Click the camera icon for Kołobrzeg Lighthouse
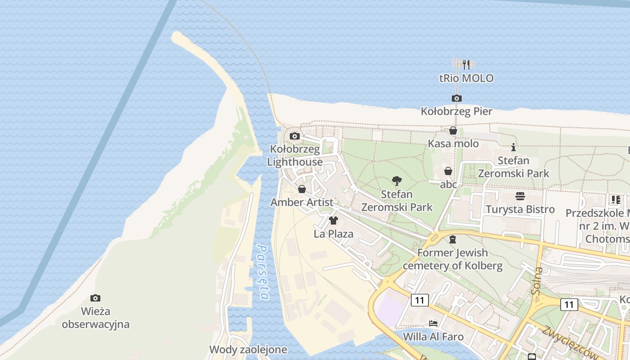tap(295, 136)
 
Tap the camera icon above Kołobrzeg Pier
tap(456, 98)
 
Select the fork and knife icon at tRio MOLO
tap(466, 65)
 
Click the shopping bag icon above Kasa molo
tap(453, 130)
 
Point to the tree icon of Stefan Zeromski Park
tap(396, 181)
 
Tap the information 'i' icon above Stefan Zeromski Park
tap(513, 147)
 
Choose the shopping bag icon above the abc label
tap(448, 171)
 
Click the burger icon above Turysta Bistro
tap(520, 196)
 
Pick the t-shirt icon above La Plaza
tap(333, 220)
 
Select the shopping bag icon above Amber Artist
tap(302, 189)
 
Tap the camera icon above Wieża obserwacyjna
tap(95, 298)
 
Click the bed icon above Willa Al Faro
tap(433, 323)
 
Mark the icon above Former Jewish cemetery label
tap(453, 239)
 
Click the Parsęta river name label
tap(263, 273)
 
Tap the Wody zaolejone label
tap(247, 349)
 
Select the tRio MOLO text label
tap(466, 78)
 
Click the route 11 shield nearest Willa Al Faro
tap(419, 300)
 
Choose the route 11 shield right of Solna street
tap(569, 305)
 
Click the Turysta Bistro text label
tap(520, 209)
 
